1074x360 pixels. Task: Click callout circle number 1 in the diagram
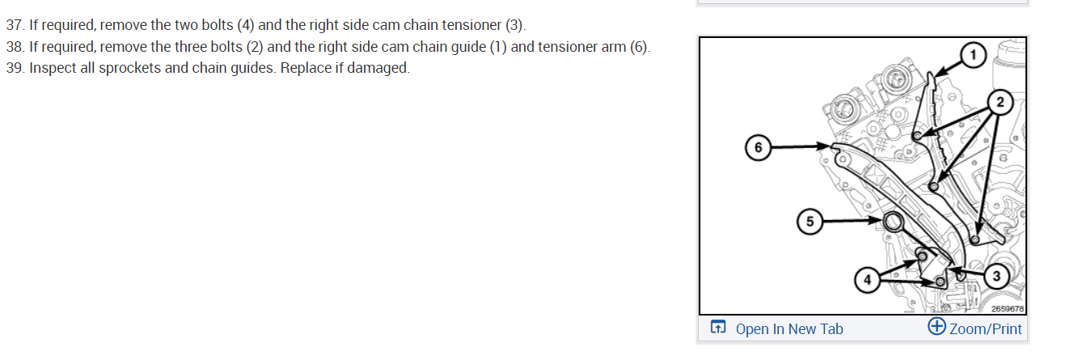[x=974, y=55]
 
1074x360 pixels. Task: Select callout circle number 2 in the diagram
[x=1000, y=102]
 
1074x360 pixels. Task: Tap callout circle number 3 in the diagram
[x=996, y=276]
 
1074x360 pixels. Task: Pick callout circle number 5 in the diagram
[x=810, y=220]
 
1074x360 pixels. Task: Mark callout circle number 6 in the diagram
[x=758, y=148]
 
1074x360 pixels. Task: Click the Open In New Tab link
[x=789, y=328]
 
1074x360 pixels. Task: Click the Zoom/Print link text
[x=985, y=328]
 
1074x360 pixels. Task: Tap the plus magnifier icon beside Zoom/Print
[x=937, y=327]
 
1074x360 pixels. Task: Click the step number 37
[x=14, y=25]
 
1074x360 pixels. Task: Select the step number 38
[x=14, y=47]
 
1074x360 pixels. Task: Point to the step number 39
[x=14, y=68]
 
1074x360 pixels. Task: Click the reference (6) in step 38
[x=639, y=47]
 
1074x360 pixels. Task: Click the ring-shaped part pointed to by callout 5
[x=894, y=222]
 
